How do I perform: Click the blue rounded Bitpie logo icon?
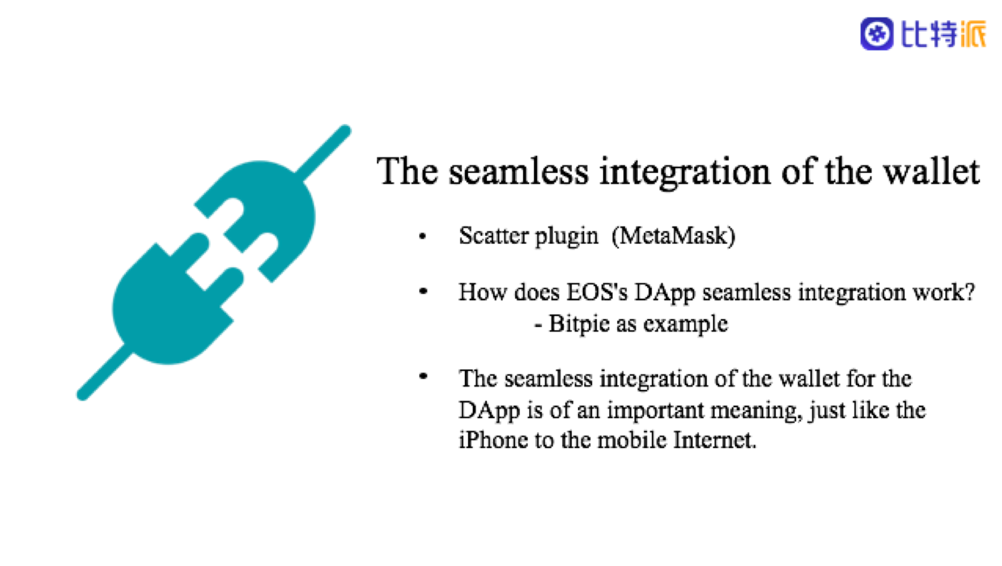coord(877,34)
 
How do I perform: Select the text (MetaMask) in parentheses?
coord(673,236)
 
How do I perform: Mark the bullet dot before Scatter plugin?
coord(422,236)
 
